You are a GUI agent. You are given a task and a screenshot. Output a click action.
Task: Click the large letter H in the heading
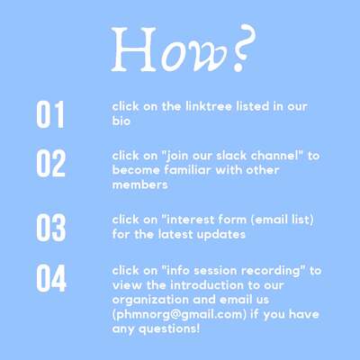coord(134,49)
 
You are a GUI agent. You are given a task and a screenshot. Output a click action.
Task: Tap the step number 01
coord(50,114)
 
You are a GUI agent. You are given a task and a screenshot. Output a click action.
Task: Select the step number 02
coord(50,163)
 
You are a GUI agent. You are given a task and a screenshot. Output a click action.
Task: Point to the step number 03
coord(51,228)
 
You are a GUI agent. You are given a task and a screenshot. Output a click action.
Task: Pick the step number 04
coord(51,278)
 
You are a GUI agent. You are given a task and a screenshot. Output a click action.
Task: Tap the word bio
coord(121,121)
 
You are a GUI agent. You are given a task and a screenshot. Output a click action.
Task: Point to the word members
coord(139,184)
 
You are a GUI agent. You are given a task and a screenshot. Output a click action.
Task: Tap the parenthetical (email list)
coord(282,220)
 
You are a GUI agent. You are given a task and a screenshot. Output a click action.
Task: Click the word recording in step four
coord(271,271)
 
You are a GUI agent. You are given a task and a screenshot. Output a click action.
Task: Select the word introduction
coord(207,285)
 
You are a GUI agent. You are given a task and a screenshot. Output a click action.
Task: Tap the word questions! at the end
coord(169,329)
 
